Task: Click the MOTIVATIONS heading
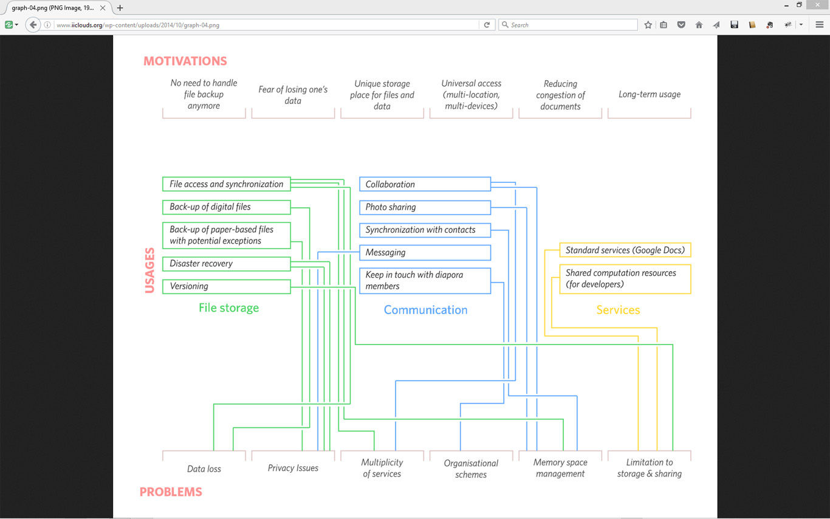point(185,61)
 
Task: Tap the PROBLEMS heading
point(171,492)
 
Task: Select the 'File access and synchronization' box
point(227,184)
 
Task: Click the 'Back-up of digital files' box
point(227,207)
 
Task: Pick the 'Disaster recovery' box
point(227,264)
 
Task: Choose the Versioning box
point(227,286)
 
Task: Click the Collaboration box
point(425,184)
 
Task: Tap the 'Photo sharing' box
point(425,207)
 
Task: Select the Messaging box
point(425,252)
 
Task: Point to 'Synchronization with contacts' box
point(425,230)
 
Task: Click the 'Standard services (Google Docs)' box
point(625,250)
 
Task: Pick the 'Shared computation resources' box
point(625,279)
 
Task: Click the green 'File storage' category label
point(228,308)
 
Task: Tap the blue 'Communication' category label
point(425,309)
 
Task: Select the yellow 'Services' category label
point(618,309)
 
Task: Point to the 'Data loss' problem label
point(204,469)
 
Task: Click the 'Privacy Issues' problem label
point(293,468)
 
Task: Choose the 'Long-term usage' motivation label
point(649,94)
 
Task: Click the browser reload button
point(487,25)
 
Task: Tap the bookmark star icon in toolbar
point(648,25)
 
